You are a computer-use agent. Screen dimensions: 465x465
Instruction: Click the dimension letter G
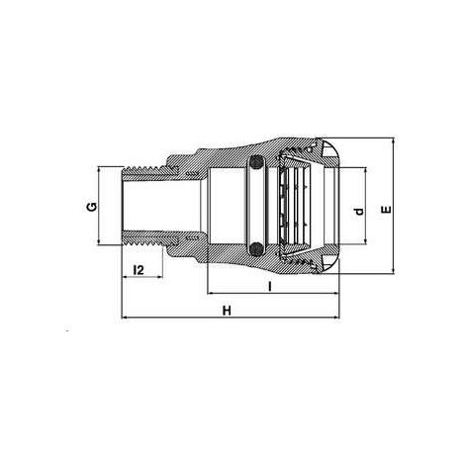tap(91, 207)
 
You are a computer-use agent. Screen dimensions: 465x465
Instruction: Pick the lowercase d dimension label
tap(358, 211)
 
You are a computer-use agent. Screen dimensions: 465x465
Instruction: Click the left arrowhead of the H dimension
tap(125, 319)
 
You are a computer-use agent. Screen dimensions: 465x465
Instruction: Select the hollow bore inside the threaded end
tap(158, 207)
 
